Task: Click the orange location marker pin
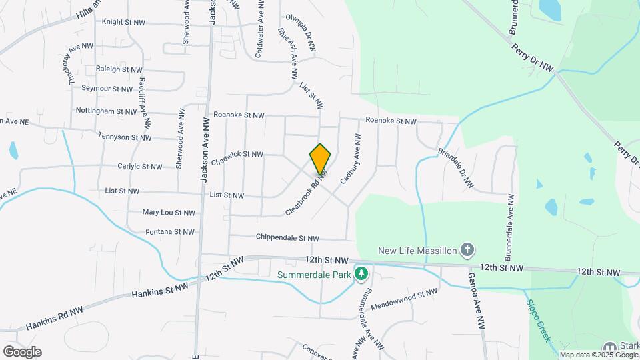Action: (x=320, y=159)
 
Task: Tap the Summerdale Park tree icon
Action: (x=361, y=273)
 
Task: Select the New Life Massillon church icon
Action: (x=467, y=251)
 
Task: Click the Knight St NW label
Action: (x=123, y=22)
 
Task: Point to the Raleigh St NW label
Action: (x=119, y=69)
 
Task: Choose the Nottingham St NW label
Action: (x=106, y=111)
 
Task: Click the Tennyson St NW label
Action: (x=125, y=137)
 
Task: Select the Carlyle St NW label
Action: (x=137, y=167)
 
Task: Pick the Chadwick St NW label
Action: (x=237, y=158)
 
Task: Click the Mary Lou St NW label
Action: (x=169, y=213)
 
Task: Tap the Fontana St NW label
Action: (x=170, y=232)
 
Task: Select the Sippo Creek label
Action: (x=537, y=320)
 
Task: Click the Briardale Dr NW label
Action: (x=456, y=168)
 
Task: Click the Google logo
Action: (x=22, y=352)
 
